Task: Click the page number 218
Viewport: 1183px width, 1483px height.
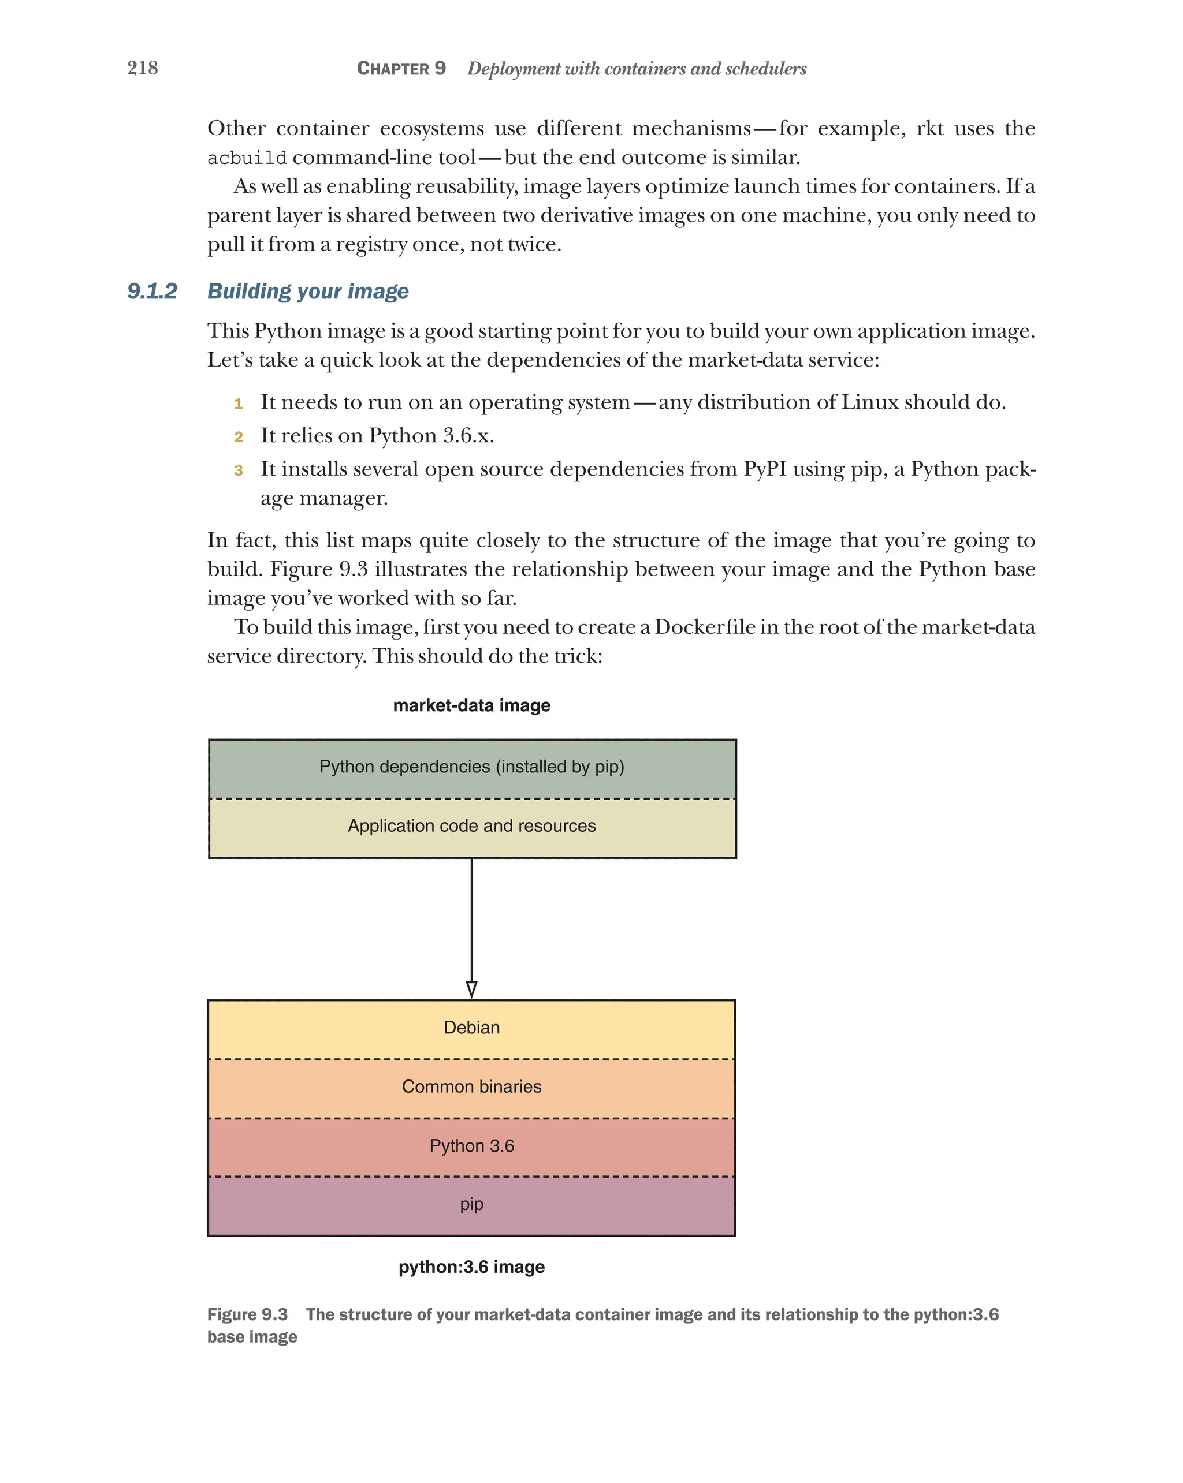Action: tap(143, 68)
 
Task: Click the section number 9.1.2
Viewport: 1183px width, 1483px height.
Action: tap(152, 291)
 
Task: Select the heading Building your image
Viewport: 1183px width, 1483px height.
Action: tap(308, 291)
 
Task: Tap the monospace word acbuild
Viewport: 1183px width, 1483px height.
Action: tap(247, 158)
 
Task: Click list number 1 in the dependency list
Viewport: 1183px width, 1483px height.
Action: tap(238, 404)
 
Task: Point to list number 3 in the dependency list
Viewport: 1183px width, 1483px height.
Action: tap(238, 470)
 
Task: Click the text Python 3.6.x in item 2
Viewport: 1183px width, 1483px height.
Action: tap(431, 435)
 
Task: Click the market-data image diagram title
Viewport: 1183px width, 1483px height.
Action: tap(471, 706)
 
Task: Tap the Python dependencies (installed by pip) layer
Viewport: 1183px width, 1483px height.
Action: tap(471, 767)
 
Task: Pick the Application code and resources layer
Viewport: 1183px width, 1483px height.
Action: tap(471, 826)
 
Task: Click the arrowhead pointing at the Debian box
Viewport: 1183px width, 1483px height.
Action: tap(471, 989)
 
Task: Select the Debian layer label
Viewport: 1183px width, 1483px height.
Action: tap(471, 1028)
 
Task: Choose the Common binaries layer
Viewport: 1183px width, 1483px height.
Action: tap(471, 1087)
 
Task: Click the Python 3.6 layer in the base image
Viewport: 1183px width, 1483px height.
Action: tap(471, 1146)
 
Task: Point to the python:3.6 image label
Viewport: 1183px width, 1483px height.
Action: tap(471, 1267)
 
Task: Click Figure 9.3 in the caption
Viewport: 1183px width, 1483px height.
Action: tap(247, 1314)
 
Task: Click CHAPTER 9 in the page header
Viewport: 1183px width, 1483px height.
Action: tap(401, 69)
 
